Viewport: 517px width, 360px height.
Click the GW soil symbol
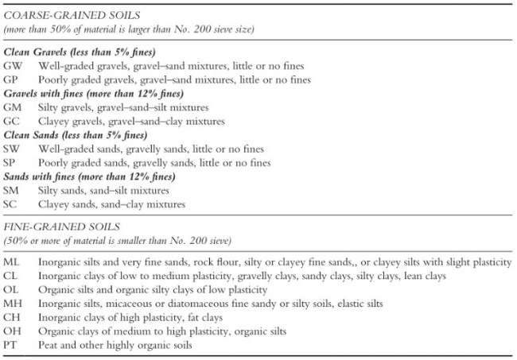13,65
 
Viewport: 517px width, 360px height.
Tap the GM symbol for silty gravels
13,107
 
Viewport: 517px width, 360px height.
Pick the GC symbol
12,121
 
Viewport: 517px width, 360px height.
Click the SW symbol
12,149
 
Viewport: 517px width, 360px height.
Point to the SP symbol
11,162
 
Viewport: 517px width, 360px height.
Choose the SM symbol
12,190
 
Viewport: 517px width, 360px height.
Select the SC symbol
11,204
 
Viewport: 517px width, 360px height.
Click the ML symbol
12,261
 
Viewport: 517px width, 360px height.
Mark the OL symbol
11,289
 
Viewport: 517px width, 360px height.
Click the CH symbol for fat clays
12,317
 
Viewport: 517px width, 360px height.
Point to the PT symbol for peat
11,345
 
